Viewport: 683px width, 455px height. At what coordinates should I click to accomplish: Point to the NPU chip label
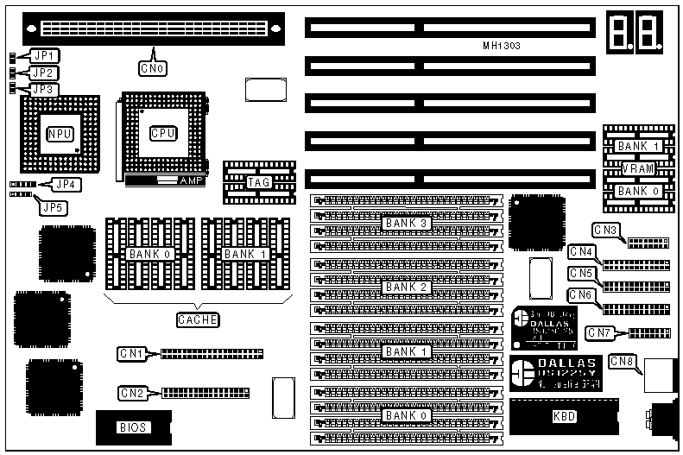pos(59,133)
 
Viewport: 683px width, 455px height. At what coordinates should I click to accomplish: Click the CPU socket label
pos(162,133)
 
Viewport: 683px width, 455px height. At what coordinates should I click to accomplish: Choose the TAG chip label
pos(258,182)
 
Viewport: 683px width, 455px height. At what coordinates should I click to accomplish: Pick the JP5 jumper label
pos(52,206)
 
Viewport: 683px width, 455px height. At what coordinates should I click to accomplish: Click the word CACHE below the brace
pos(198,319)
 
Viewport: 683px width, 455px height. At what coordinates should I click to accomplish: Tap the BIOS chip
pos(132,427)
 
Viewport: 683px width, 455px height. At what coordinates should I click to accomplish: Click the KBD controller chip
pos(564,416)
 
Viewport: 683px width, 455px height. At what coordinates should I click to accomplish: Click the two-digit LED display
pos(633,32)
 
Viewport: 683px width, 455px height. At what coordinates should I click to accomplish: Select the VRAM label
pos(637,168)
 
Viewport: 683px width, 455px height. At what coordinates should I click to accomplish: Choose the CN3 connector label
pos(605,231)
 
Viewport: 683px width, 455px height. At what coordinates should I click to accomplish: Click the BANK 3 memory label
pos(406,223)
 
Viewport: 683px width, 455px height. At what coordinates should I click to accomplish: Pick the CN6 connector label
pos(581,294)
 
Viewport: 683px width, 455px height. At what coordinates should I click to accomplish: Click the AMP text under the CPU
pos(189,181)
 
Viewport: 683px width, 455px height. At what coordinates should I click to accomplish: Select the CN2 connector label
pos(132,393)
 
